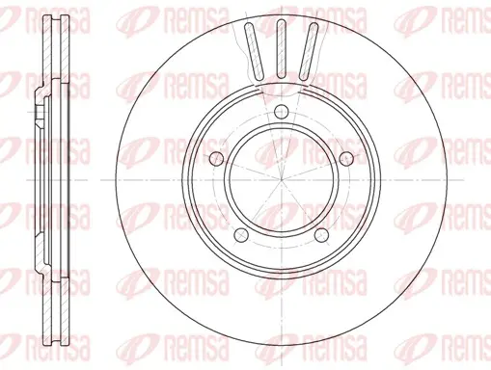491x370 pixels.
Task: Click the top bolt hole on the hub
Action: [282, 112]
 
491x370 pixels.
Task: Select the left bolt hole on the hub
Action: [216, 158]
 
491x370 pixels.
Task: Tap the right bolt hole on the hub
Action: [346, 158]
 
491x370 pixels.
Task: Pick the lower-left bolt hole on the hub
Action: [241, 236]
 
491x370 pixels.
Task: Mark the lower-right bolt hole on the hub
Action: [321, 236]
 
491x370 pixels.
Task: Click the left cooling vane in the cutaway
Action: [254, 51]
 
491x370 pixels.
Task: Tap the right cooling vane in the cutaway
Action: [309, 51]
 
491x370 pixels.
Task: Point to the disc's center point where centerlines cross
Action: [282, 180]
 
